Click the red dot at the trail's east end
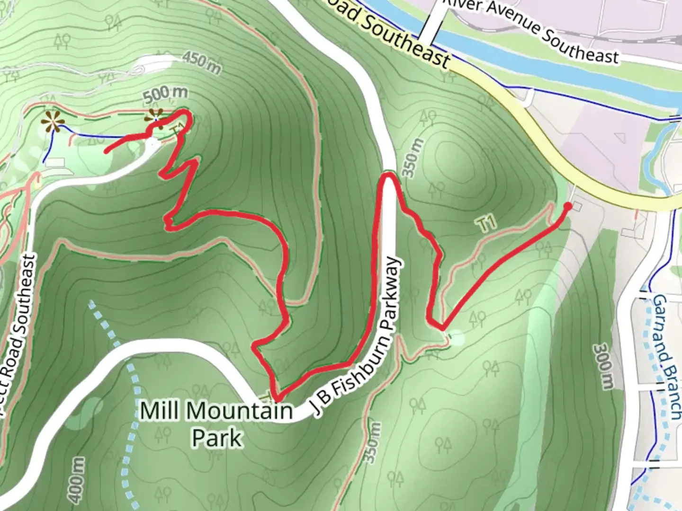(x=567, y=206)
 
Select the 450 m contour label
(x=201, y=63)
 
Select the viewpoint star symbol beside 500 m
(x=154, y=115)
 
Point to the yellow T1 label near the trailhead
(x=487, y=223)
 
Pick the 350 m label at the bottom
(x=373, y=443)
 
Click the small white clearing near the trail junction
(x=457, y=338)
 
